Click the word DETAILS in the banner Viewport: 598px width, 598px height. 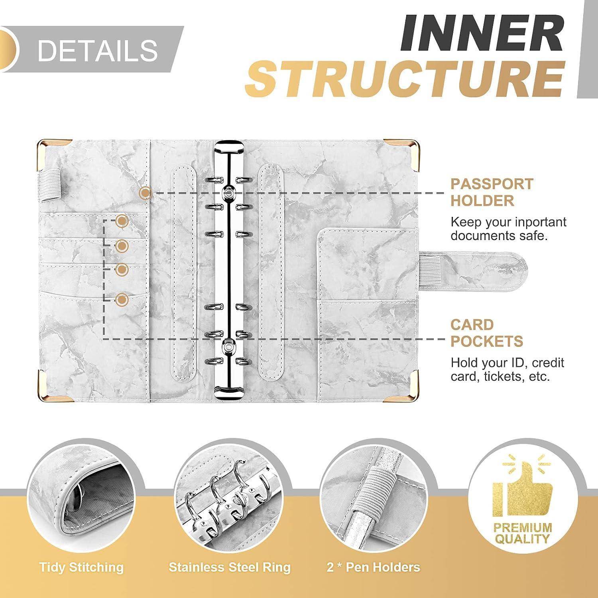tap(98, 50)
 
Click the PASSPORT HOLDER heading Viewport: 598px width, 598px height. tap(492, 192)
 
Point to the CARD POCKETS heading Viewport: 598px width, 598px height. tap(487, 333)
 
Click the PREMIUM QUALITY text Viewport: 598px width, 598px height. tap(523, 533)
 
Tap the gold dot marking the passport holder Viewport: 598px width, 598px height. tap(146, 193)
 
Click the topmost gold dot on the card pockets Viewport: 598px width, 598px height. tap(122, 220)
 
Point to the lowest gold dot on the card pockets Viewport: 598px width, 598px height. tap(122, 299)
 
